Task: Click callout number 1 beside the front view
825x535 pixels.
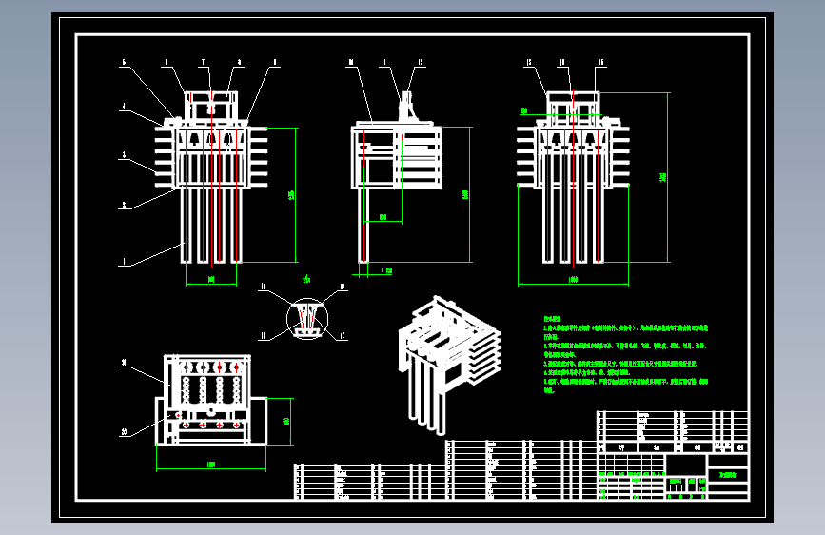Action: pos(123,262)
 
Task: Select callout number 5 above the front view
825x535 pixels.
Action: pos(123,62)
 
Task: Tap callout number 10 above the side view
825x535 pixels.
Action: pos(351,62)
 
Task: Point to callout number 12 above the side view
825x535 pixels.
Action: pos(420,62)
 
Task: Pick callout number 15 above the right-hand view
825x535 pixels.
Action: pos(601,62)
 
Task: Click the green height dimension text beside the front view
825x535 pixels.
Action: pos(291,195)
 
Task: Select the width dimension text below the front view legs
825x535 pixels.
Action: pos(210,279)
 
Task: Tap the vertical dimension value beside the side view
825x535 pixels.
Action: pos(465,194)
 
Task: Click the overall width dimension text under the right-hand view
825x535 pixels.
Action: pos(572,280)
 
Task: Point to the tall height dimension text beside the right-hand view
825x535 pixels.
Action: pos(662,176)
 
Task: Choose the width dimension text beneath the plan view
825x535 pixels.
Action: pos(210,465)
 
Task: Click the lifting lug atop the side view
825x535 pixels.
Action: pos(412,103)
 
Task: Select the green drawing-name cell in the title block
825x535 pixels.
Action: pos(727,474)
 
